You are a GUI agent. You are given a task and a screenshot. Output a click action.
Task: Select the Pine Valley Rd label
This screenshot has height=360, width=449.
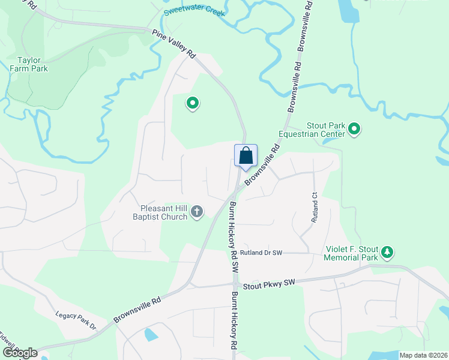tap(174, 44)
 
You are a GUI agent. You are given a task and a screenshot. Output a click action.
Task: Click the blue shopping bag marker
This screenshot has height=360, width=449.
tap(246, 156)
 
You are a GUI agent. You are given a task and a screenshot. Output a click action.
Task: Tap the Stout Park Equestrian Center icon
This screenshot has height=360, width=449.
tap(354, 128)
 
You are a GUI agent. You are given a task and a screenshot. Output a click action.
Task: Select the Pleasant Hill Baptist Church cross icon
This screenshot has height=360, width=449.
tap(197, 211)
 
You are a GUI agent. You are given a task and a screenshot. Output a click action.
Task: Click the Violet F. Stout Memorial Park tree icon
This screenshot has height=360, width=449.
tap(388, 252)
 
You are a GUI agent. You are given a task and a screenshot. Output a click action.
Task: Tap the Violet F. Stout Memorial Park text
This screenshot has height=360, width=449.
tap(351, 253)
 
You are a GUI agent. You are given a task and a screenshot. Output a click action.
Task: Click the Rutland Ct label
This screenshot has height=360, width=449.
tap(313, 208)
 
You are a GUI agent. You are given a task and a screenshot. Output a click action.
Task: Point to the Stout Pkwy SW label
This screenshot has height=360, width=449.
tap(270, 282)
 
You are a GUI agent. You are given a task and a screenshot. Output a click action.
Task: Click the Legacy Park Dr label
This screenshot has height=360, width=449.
tap(76, 321)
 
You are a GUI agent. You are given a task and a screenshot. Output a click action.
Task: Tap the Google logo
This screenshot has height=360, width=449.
tap(20, 353)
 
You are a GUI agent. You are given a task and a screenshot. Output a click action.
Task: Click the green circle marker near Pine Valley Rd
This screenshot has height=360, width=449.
tap(193, 104)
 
